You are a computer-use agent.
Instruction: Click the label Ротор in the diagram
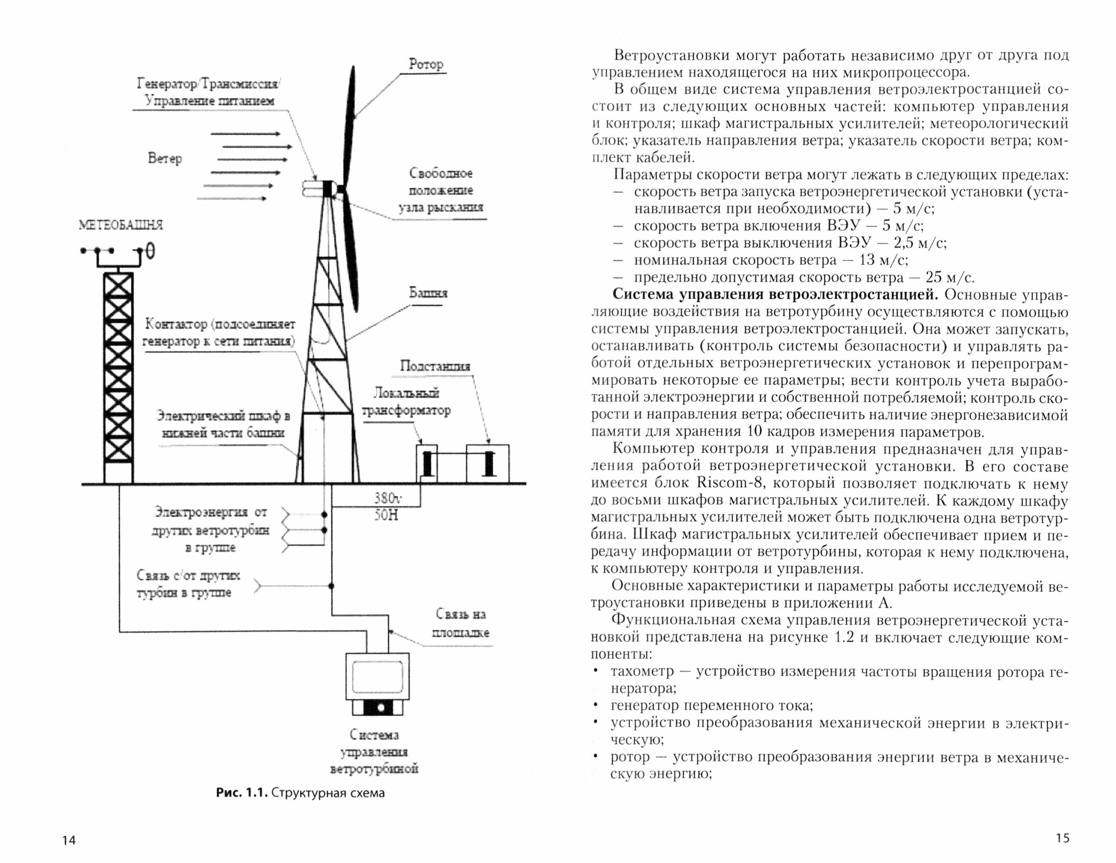pyautogui.click(x=426, y=64)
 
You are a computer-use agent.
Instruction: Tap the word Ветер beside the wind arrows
pyautogui.click(x=165, y=158)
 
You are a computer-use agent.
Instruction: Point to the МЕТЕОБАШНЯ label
pyautogui.click(x=121, y=225)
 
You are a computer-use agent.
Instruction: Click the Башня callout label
pyautogui.click(x=428, y=293)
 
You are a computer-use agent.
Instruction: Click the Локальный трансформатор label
pyautogui.click(x=406, y=402)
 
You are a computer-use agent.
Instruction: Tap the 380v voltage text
pyautogui.click(x=388, y=498)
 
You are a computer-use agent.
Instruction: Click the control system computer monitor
pyautogui.click(x=378, y=677)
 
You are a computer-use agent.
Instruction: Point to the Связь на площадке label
pyautogui.click(x=461, y=624)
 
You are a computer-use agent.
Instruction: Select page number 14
pyautogui.click(x=69, y=840)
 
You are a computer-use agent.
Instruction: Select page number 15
pyautogui.click(x=1062, y=837)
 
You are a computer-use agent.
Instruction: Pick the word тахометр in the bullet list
pyautogui.click(x=642, y=671)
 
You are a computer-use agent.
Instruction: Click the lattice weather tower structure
pyautogui.click(x=118, y=377)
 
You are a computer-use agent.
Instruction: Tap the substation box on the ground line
pyautogui.click(x=488, y=463)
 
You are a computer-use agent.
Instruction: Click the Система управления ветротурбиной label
pyautogui.click(x=374, y=752)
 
